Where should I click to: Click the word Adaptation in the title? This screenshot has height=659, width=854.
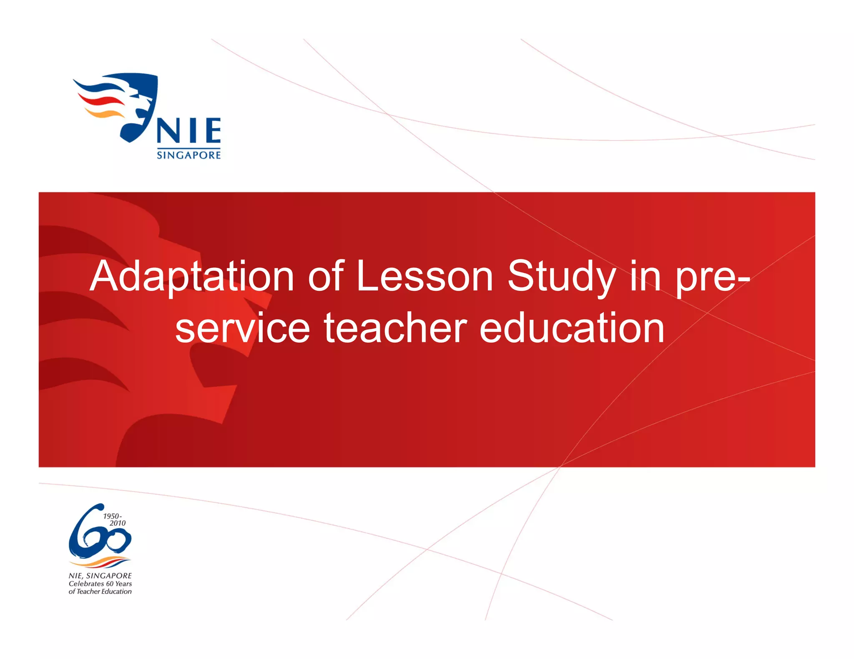click(192, 277)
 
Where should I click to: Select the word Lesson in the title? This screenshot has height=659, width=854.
click(425, 276)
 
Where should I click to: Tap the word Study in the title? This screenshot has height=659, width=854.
click(561, 277)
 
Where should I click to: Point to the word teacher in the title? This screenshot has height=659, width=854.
click(395, 329)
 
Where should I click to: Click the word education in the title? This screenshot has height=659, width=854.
click(572, 329)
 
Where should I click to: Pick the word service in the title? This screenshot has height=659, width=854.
click(242, 329)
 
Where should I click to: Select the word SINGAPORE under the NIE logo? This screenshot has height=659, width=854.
click(188, 155)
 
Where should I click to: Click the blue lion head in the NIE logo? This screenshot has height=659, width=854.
click(140, 104)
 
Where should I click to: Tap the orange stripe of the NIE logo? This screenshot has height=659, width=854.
click(104, 113)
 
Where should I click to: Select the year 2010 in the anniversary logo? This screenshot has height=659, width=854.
click(118, 523)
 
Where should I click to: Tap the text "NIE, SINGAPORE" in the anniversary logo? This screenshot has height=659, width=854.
click(100, 576)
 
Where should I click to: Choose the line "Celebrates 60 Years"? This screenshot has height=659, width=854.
click(100, 584)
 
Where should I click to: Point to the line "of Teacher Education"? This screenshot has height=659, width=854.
click(100, 592)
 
